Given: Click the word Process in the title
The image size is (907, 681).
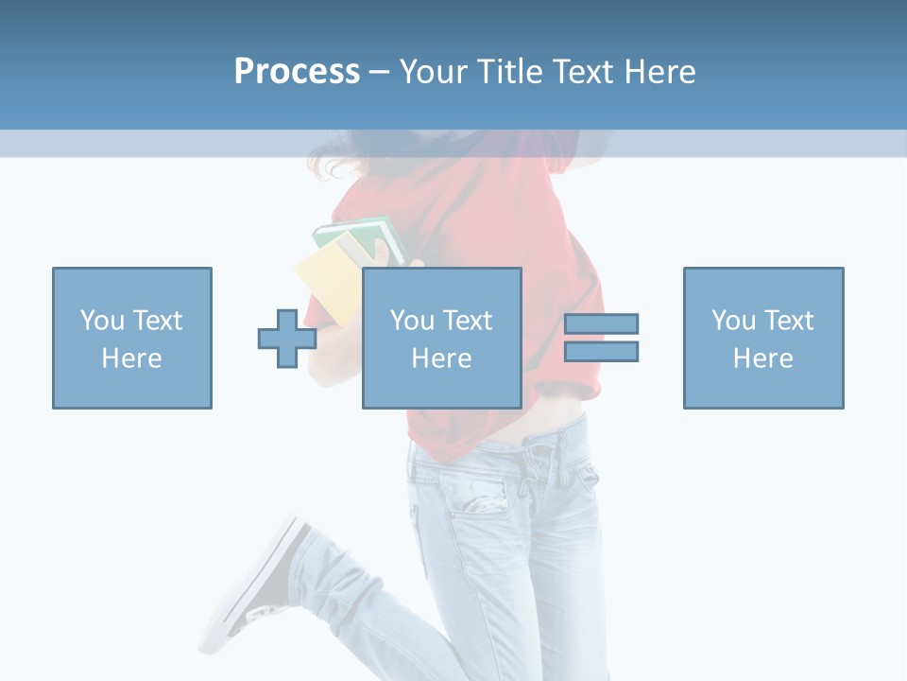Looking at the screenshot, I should coord(297,72).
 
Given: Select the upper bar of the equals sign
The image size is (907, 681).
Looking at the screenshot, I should coord(601,323).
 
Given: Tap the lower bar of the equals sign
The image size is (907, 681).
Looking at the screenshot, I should coord(601,351).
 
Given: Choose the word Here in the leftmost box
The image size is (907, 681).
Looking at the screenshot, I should coord(131,358).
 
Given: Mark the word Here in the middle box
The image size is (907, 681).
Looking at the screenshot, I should coord(441,358).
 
